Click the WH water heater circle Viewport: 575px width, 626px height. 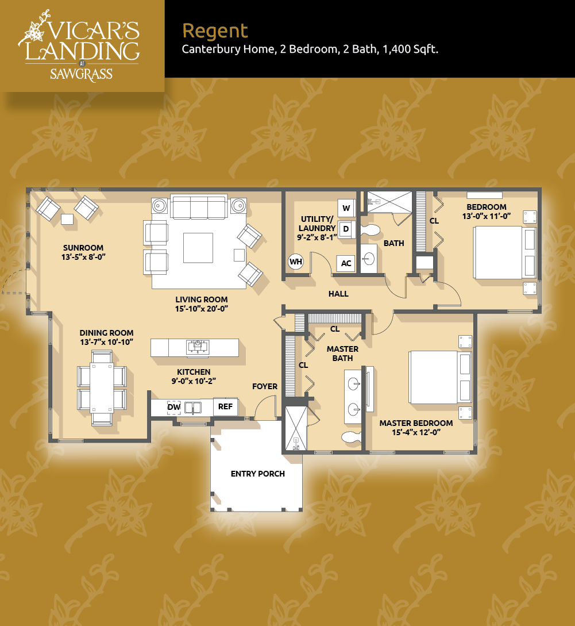[x=296, y=262]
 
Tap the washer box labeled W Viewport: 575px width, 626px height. [x=346, y=208]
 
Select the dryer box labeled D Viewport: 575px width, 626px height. [x=346, y=229]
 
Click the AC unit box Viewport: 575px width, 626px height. [x=346, y=263]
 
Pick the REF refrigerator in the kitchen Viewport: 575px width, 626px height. [x=225, y=406]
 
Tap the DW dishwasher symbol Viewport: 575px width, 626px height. [x=174, y=407]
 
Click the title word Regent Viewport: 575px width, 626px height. [x=215, y=31]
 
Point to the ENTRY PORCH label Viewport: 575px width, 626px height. [x=258, y=474]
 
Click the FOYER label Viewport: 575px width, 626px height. [x=265, y=386]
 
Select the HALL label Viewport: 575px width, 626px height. [x=338, y=294]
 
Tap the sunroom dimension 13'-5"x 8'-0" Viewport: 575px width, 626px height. [x=83, y=257]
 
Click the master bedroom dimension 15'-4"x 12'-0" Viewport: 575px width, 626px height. [x=416, y=432]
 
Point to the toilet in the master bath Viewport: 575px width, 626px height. [x=352, y=436]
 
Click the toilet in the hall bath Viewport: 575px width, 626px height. [x=371, y=230]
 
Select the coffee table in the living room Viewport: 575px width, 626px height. [x=198, y=248]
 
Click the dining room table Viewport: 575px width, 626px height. [x=102, y=387]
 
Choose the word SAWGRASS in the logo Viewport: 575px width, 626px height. [x=82, y=74]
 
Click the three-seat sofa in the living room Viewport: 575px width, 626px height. [x=199, y=206]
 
